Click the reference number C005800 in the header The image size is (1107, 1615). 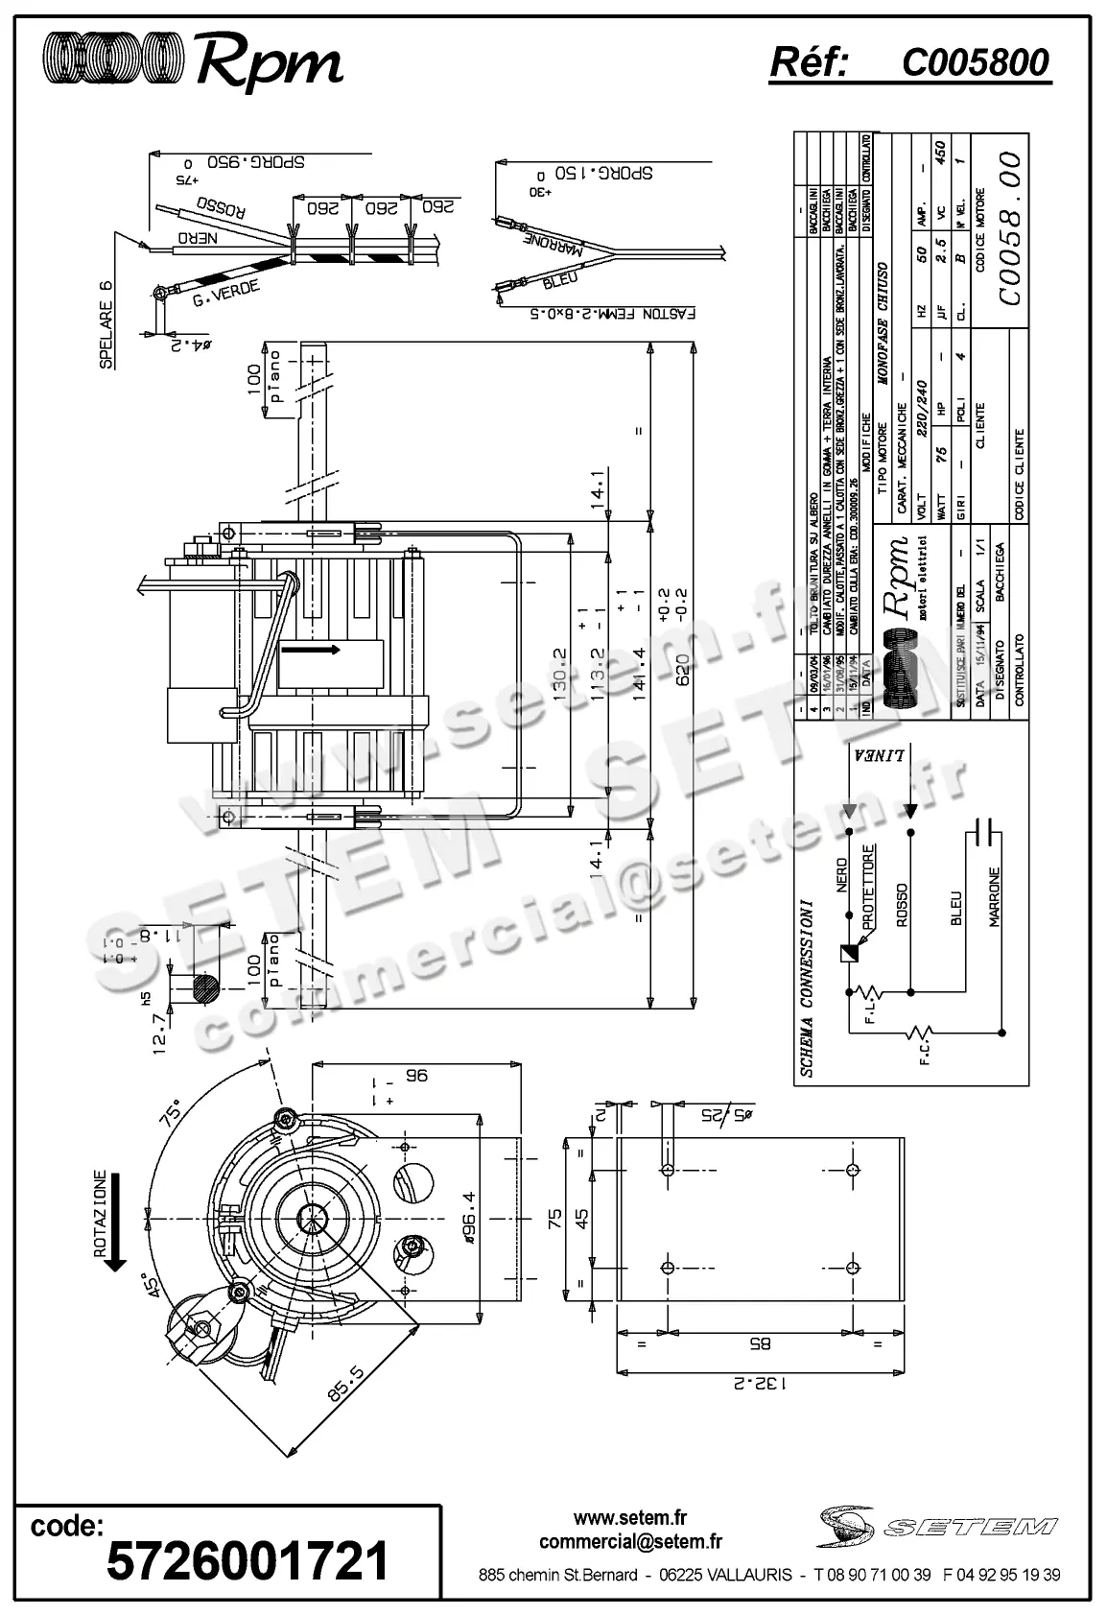pyautogui.click(x=975, y=63)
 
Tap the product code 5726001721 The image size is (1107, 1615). pyautogui.click(x=247, y=1559)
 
